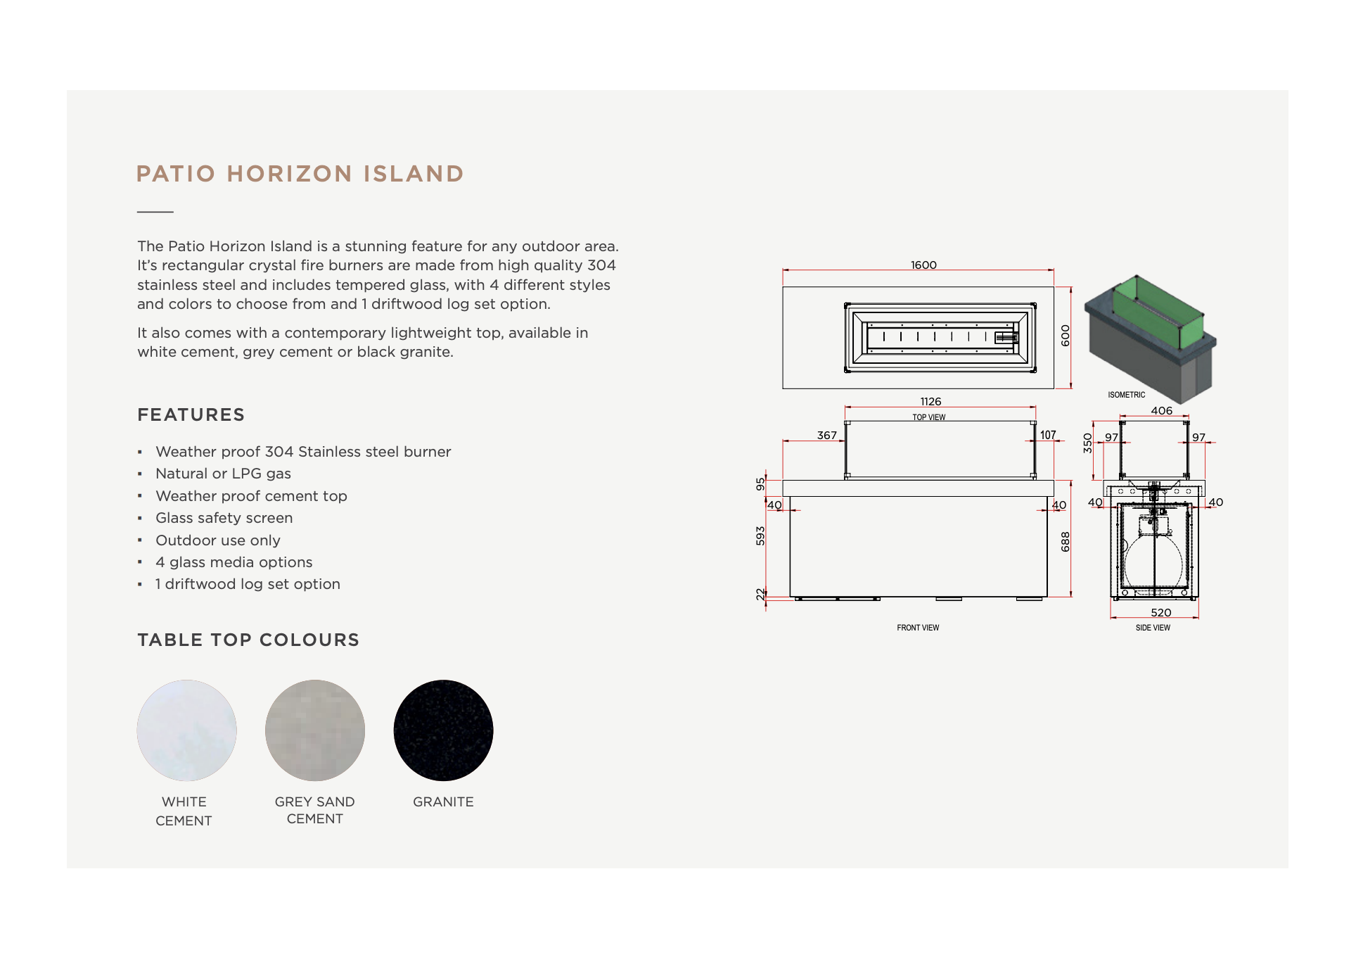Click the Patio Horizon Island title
pyautogui.click(x=300, y=174)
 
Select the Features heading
pyautogui.click(x=191, y=415)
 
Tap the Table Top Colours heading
pyautogui.click(x=248, y=640)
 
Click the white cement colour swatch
pyautogui.click(x=186, y=730)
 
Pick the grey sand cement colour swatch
pyautogui.click(x=314, y=730)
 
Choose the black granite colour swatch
pyautogui.click(x=443, y=730)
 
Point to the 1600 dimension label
pyautogui.click(x=923, y=265)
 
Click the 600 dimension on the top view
pyautogui.click(x=1066, y=336)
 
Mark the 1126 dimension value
pyautogui.click(x=930, y=402)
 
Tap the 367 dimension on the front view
pyautogui.click(x=826, y=436)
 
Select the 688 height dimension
pyautogui.click(x=1066, y=541)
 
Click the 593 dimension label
pyautogui.click(x=760, y=535)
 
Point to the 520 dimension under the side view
pyautogui.click(x=1160, y=613)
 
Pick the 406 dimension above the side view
pyautogui.click(x=1161, y=411)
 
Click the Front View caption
pyautogui.click(x=918, y=628)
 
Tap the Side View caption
pyautogui.click(x=1153, y=628)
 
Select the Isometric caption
pyautogui.click(x=1126, y=395)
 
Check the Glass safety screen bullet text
pyautogui.click(x=224, y=518)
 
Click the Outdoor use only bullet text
pyautogui.click(x=218, y=540)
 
